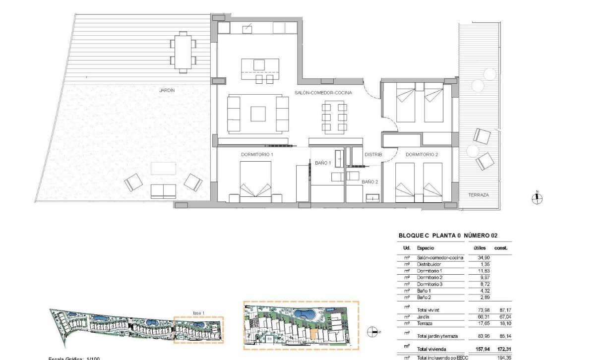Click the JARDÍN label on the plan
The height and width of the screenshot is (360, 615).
167,91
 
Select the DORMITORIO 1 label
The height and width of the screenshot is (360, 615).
257,155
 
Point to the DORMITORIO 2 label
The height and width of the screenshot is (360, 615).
422,155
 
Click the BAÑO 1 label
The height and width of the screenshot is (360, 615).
322,163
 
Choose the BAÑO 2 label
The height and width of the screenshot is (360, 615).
370,182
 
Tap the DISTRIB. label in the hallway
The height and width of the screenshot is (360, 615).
373,155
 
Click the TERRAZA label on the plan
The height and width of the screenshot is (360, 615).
479,195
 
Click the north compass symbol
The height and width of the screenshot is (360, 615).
537,198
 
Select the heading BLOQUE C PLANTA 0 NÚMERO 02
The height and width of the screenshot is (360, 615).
448,236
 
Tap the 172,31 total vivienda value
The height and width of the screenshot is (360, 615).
501,348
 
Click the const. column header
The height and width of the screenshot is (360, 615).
501,247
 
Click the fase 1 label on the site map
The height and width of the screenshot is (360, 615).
199,312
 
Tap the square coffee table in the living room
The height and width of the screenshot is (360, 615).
258,114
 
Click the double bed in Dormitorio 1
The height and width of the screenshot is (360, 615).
255,181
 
